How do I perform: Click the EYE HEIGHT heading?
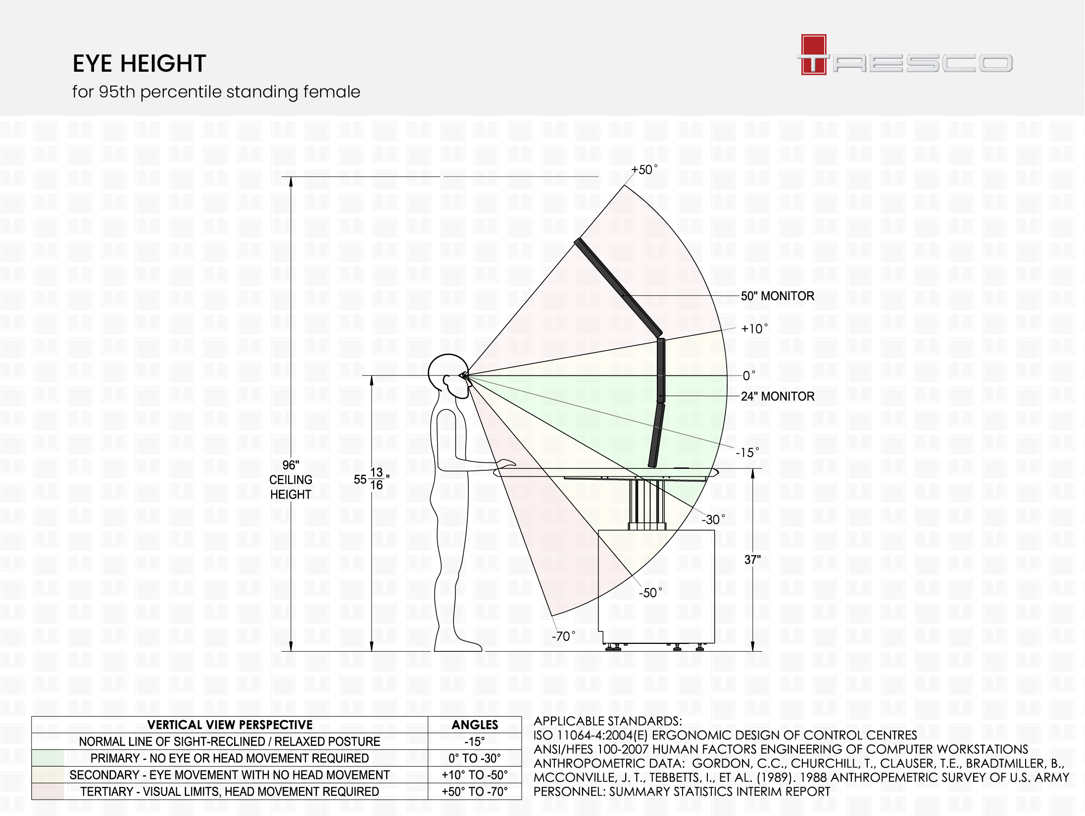point(139,63)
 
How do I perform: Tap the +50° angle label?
point(644,170)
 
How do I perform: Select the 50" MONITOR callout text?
point(777,296)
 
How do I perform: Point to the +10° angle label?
point(754,329)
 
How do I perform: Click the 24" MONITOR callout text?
point(777,396)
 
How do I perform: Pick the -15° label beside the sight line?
point(746,452)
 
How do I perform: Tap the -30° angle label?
point(713,519)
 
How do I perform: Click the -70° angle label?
point(563,636)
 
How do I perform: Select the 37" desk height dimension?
point(752,560)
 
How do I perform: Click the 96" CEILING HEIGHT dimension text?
point(291,480)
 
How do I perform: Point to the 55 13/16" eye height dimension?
point(371,479)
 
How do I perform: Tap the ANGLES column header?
point(475,725)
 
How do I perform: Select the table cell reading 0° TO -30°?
point(475,758)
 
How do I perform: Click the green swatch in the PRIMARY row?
point(48,758)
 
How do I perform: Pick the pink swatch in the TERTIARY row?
point(48,791)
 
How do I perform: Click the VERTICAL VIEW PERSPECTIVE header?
point(230,725)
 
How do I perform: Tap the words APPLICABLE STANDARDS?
point(607,721)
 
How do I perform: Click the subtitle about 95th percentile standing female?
point(216,92)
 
